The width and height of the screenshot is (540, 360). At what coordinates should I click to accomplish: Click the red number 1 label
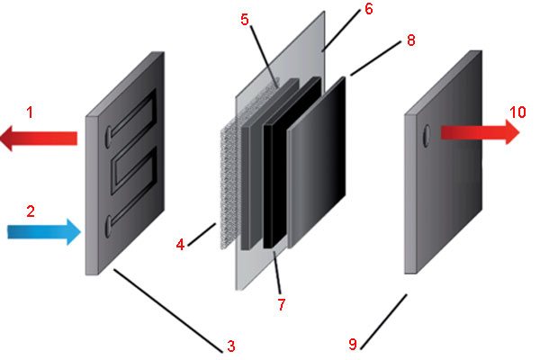(30, 112)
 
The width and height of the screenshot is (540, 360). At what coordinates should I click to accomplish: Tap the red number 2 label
(31, 211)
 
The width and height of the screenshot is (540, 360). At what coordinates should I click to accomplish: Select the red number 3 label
(231, 346)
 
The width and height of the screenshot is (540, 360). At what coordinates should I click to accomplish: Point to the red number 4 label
(180, 245)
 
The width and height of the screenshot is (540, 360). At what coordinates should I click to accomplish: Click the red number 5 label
(245, 20)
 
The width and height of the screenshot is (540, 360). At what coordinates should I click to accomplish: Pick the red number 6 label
(369, 9)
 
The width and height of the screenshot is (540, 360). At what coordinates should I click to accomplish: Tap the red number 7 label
(282, 304)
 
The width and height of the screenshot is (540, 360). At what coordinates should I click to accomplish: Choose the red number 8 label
(411, 40)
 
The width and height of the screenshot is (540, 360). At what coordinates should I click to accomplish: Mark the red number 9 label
(352, 344)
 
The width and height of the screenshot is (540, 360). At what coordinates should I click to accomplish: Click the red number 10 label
(517, 112)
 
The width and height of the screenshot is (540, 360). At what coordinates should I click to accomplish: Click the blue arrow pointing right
(44, 232)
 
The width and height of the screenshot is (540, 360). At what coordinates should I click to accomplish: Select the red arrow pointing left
(39, 139)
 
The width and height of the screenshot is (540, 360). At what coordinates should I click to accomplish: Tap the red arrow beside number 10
(480, 132)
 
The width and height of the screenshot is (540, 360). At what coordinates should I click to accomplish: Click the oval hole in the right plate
(427, 136)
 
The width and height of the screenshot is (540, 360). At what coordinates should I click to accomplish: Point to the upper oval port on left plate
(108, 138)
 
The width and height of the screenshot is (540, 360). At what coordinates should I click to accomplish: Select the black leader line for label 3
(168, 310)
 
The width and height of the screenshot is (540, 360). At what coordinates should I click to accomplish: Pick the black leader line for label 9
(383, 322)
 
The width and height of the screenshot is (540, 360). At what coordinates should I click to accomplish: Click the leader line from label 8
(375, 58)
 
